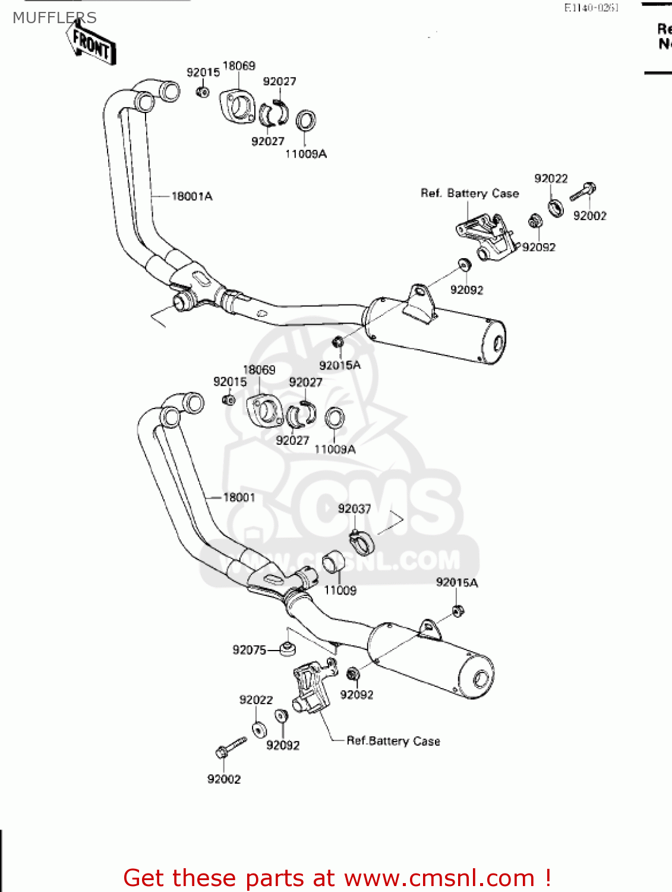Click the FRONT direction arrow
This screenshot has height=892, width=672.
pyautogui.click(x=90, y=43)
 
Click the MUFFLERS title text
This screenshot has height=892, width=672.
pyautogui.click(x=54, y=18)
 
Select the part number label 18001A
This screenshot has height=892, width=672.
pyautogui.click(x=191, y=196)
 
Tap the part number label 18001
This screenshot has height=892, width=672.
pyautogui.click(x=239, y=497)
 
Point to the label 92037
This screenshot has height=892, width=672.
pyautogui.click(x=354, y=508)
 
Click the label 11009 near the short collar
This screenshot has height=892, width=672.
pyautogui.click(x=340, y=590)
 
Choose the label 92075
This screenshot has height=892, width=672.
pyautogui.click(x=249, y=650)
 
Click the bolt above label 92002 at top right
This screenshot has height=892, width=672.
pyautogui.click(x=583, y=191)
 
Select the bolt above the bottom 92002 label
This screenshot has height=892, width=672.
pyautogui.click(x=231, y=747)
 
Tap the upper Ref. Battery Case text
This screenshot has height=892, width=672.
pyautogui.click(x=469, y=193)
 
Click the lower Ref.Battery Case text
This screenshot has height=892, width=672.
pyautogui.click(x=393, y=741)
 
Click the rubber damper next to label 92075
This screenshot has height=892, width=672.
pyautogui.click(x=288, y=649)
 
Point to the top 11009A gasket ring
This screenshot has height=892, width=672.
pyautogui.click(x=306, y=121)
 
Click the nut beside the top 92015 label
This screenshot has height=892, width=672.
pyautogui.click(x=203, y=92)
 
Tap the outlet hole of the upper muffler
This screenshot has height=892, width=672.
pyautogui.click(x=498, y=344)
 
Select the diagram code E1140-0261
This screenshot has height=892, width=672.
pyautogui.click(x=591, y=8)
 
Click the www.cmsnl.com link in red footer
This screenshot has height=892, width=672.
pyautogui.click(x=439, y=878)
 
